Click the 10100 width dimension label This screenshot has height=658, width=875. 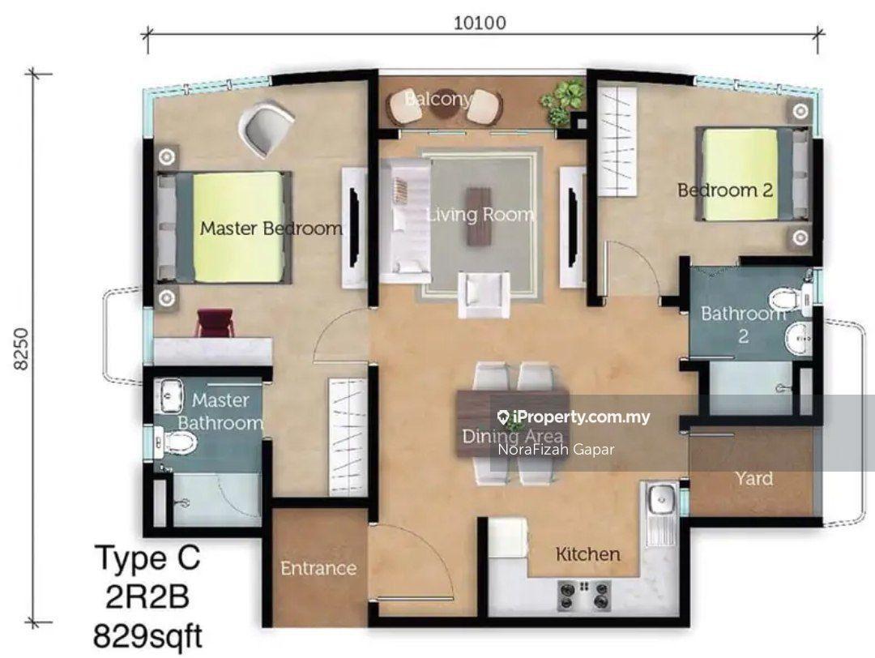coord(480,23)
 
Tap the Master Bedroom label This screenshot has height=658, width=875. coord(271,229)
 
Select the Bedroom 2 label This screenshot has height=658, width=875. coord(725,190)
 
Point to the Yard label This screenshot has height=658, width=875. coord(754,478)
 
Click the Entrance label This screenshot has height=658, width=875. coord(318,568)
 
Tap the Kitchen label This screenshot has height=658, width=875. coord(587,553)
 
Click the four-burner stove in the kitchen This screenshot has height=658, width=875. coord(584,595)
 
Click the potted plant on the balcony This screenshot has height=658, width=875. coord(558,101)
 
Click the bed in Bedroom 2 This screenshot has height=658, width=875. coord(753,174)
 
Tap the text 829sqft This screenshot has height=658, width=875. coord(148,635)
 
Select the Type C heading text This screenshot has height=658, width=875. coord(148,558)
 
